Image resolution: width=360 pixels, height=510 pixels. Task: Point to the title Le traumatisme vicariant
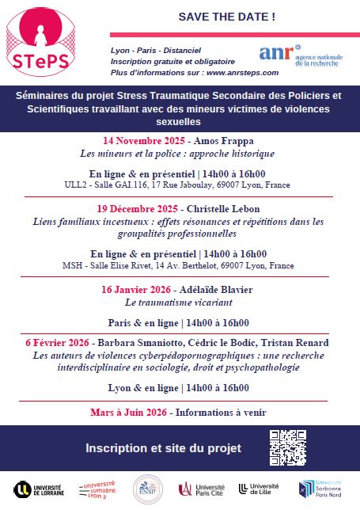pos(179,302)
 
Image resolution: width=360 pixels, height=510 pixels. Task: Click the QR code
pos(289,447)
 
